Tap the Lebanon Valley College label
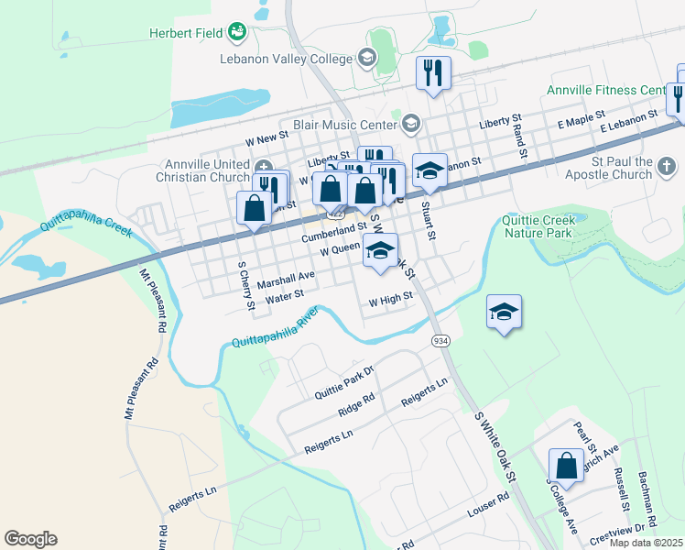tap(286, 59)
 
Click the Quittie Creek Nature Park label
tap(539, 225)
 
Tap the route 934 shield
tap(441, 340)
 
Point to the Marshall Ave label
tap(285, 275)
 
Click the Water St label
tap(284, 298)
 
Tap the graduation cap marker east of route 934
tap(504, 313)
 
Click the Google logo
tap(30, 539)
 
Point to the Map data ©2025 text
tap(646, 543)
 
